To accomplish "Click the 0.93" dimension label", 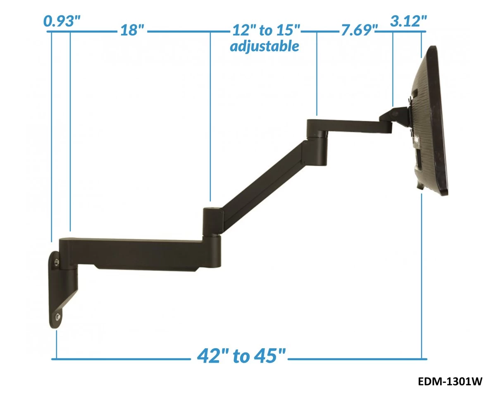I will (62, 21).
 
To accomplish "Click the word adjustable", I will (265, 46).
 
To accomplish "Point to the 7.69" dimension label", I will (358, 31).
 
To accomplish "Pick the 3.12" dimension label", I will (408, 21).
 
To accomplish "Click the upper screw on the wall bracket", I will (56, 261).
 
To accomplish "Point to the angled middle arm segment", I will (265, 178).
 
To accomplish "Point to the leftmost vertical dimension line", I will (51, 136).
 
